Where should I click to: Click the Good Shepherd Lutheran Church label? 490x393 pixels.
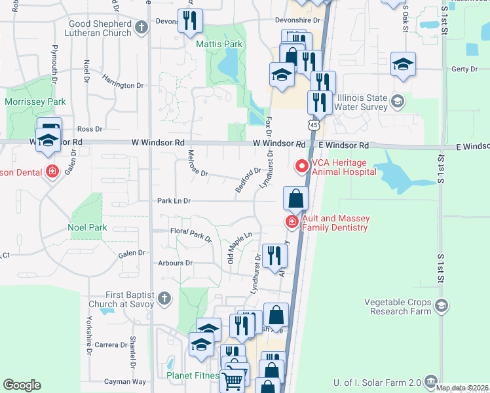100,28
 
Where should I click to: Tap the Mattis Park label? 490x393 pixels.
219,45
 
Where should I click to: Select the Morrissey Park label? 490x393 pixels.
35,102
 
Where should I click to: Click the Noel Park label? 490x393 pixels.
87,228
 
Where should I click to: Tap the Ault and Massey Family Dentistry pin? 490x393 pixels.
292,223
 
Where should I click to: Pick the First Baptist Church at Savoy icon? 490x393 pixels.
164,299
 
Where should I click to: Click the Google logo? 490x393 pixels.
22,385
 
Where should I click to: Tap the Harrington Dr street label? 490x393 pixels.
122,85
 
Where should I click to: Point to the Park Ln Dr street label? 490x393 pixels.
174,201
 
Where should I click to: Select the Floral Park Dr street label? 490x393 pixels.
191,234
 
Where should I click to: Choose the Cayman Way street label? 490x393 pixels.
126,381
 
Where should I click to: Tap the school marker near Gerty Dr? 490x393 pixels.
403,64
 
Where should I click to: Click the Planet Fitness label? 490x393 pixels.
193,376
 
